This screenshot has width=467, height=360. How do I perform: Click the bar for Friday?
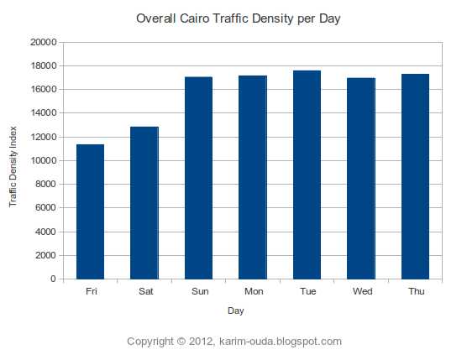90,211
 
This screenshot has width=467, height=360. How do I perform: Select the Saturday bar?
144,202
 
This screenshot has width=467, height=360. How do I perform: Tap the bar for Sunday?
198,178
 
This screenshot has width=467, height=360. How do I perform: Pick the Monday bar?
253,177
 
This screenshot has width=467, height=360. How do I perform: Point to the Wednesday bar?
361,178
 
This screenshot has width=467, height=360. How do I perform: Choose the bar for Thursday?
415,176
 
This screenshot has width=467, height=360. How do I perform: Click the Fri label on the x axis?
91,292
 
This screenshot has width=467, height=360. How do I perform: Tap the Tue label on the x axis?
307,292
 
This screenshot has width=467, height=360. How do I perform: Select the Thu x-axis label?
416,292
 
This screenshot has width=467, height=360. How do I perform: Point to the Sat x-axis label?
144,292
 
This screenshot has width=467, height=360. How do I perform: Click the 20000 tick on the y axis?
43,42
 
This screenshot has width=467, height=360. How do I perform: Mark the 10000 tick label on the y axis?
43,160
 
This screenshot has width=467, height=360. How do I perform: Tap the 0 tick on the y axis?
54,279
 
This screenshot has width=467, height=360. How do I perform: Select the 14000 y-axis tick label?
43,113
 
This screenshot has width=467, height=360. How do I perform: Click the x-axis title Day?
236,310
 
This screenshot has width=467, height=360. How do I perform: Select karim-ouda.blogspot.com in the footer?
280,342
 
